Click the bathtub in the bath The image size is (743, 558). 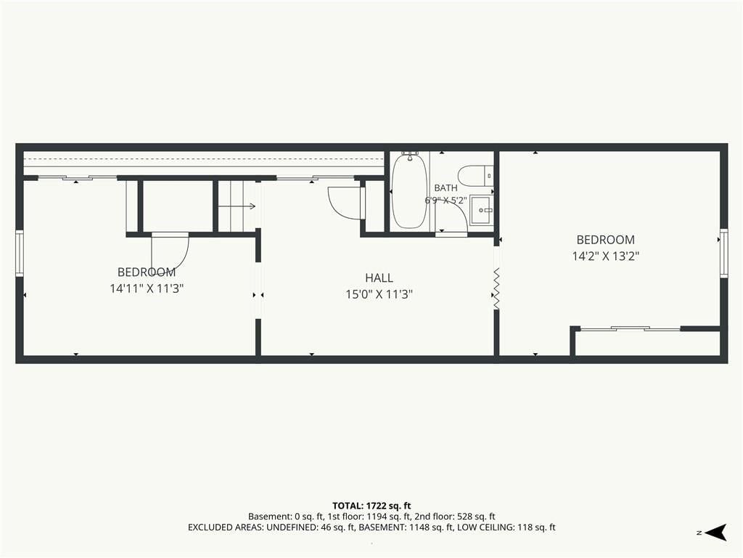[x=409, y=191]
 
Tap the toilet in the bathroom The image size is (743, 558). [x=476, y=176]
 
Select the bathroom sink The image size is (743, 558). [x=482, y=210]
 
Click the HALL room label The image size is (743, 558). [x=379, y=278]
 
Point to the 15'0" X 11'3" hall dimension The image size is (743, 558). [x=379, y=294]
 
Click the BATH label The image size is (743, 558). [x=446, y=188]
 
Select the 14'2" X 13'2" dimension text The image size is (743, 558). [x=606, y=256]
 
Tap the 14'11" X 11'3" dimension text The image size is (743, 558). [x=147, y=288]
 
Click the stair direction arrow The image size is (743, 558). [x=237, y=206]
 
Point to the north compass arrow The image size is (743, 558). [x=715, y=533]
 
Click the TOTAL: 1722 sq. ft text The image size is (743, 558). [x=371, y=506]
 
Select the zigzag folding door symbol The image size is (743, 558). [x=496, y=288]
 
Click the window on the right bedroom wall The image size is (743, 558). [x=723, y=253]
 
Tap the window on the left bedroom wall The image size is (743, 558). [x=20, y=254]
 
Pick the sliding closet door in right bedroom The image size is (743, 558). [x=631, y=328]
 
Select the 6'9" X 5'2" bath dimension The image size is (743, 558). [x=446, y=201]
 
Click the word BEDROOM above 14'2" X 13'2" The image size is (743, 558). [x=606, y=240]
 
